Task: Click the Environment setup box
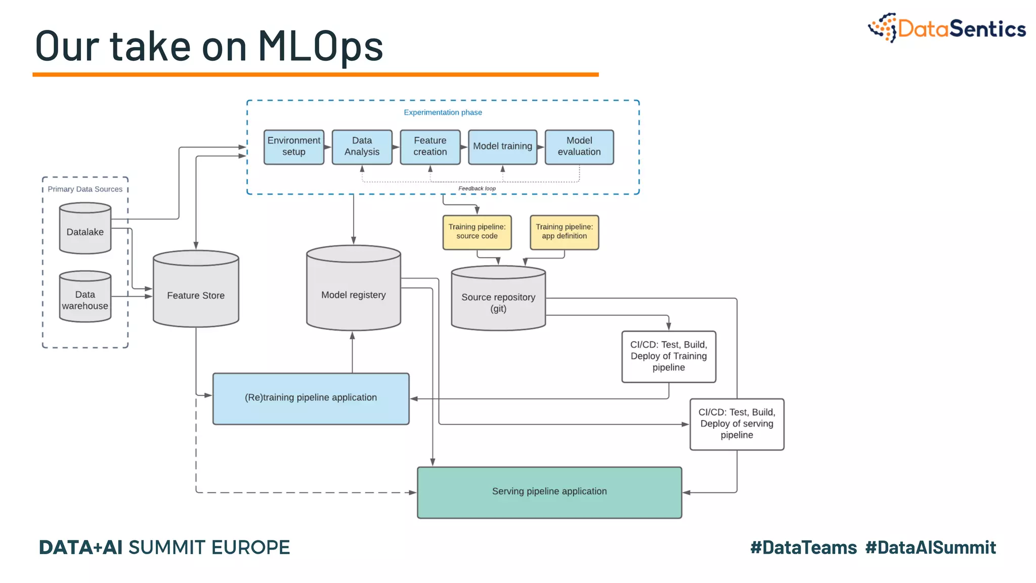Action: point(293,147)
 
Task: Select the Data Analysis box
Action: point(362,147)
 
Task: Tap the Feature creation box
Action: point(430,147)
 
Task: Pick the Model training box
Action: point(502,147)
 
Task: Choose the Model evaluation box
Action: point(579,147)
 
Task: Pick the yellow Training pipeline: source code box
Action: point(477,232)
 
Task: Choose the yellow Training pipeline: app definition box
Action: point(564,232)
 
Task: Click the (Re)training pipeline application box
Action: point(311,398)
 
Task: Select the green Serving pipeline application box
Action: point(549,492)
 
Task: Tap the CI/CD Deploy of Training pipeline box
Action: point(668,356)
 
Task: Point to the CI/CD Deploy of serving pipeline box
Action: point(737,424)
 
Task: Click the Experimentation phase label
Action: point(443,112)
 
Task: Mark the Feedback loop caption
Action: point(477,188)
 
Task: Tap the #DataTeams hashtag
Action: point(803,548)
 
